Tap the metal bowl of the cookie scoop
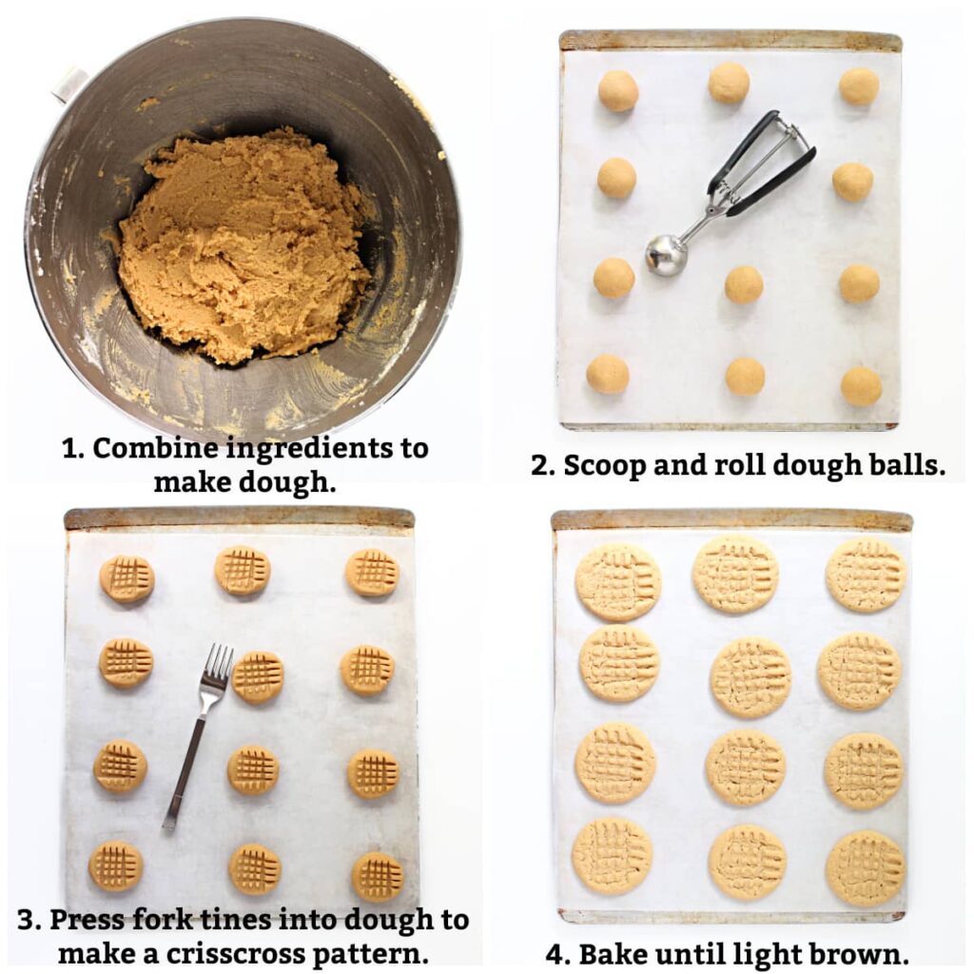tap(666, 254)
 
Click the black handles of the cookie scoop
tap(767, 157)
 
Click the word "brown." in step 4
tap(860, 953)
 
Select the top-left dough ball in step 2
tap(617, 90)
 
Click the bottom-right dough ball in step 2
tap(861, 386)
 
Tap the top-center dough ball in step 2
tap(729, 83)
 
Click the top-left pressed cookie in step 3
tap(127, 578)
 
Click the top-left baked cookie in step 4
tap(618, 582)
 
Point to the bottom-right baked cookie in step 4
tap(866, 867)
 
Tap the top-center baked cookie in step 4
tap(735, 573)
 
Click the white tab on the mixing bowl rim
tap(69, 84)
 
